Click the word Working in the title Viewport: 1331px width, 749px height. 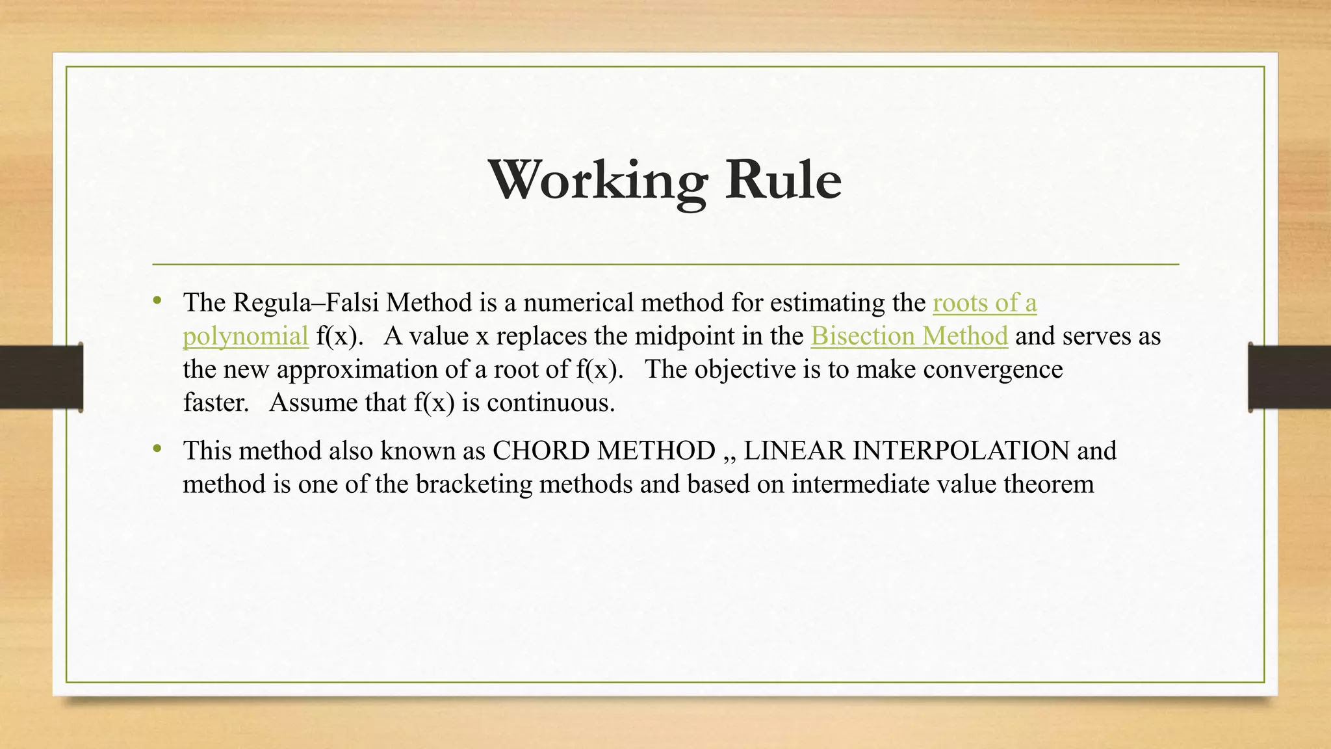(x=598, y=180)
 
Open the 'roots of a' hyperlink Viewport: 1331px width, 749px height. (x=985, y=303)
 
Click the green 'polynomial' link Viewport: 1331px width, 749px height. (x=245, y=337)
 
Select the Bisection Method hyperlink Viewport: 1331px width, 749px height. (x=909, y=336)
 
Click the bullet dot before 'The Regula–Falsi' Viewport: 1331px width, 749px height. (x=157, y=301)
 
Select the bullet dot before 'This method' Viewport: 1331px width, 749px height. (x=157, y=449)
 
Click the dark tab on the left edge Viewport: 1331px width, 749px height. (x=41, y=377)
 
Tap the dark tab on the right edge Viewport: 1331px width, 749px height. (x=1289, y=377)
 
